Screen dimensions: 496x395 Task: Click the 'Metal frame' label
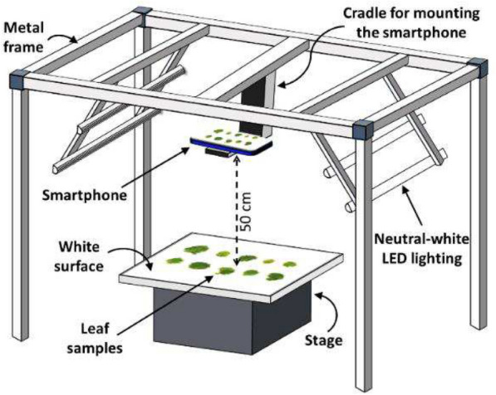(x=23, y=37)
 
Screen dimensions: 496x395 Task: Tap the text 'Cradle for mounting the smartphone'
(x=411, y=23)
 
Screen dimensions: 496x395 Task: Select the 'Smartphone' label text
(x=85, y=195)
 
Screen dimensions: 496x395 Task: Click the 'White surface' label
(x=79, y=256)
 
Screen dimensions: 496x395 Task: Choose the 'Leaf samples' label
(x=95, y=339)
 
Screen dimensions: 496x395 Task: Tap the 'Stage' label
(x=323, y=341)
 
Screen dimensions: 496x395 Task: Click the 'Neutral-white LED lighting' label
(x=422, y=249)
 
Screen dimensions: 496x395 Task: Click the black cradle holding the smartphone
(x=255, y=105)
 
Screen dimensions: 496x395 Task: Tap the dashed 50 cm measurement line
(x=236, y=211)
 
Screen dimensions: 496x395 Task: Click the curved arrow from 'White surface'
(x=130, y=256)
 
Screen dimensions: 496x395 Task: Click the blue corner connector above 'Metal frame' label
(x=143, y=15)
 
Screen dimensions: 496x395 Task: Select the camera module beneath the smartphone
(x=218, y=153)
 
